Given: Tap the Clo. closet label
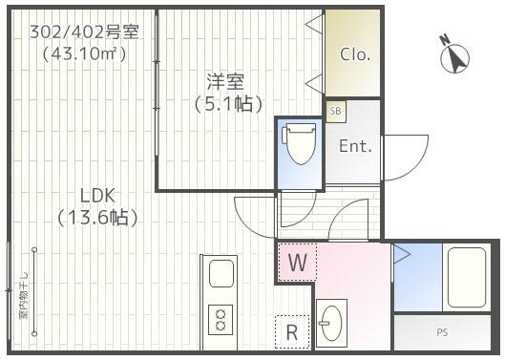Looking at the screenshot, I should click(x=355, y=54).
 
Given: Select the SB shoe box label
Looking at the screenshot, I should click(x=335, y=111).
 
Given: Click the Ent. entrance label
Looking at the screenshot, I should click(x=355, y=146).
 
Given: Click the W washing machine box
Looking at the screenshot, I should click(x=296, y=262).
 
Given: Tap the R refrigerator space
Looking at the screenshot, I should click(x=292, y=332).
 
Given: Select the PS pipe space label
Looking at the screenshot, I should click(x=442, y=332).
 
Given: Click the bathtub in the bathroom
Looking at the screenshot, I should click(x=466, y=277).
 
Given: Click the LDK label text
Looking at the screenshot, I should click(x=96, y=195).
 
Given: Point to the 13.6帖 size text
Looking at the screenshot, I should click(x=96, y=218).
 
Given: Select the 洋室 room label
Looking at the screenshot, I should click(x=228, y=80).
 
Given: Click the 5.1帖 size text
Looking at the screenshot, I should click(x=228, y=103).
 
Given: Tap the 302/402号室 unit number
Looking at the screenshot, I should click(x=84, y=32).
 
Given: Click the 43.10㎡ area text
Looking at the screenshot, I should click(x=84, y=54).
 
